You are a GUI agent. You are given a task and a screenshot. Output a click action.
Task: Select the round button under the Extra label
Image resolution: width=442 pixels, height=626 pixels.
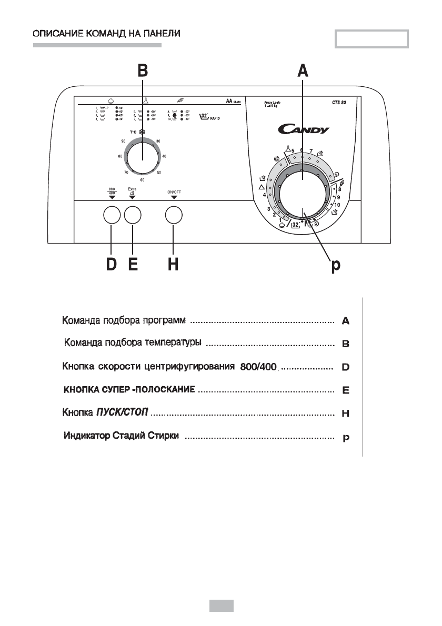click(133, 216)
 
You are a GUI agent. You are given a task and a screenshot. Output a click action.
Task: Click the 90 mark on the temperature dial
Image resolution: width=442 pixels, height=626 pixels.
click(123, 142)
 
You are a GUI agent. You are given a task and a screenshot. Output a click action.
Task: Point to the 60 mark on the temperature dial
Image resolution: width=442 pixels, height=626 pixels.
click(142, 180)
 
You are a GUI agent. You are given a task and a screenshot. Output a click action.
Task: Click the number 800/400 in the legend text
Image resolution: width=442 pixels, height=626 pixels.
click(258, 366)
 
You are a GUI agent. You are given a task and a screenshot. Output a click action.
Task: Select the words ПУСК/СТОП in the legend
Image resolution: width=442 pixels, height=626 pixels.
click(123, 413)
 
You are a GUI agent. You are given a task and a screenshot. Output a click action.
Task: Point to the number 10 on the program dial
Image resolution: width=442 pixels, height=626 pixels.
click(337, 205)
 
